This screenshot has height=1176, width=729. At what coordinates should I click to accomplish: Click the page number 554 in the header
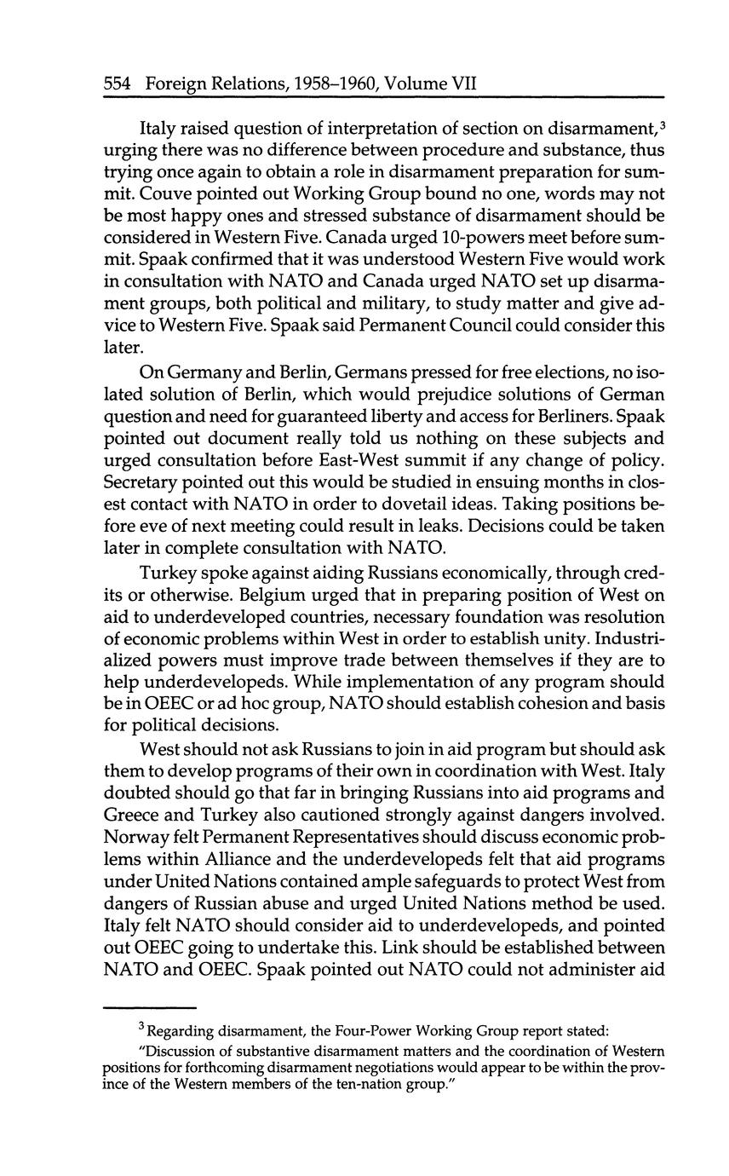pos(116,84)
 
